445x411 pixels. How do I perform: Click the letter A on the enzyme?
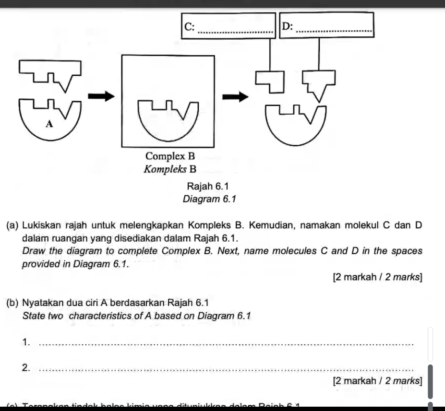click(x=48, y=124)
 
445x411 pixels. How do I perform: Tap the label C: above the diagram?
click(x=189, y=27)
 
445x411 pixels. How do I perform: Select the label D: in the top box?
click(x=287, y=27)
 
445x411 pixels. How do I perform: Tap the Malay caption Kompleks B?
click(x=170, y=169)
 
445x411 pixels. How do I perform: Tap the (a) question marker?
click(x=13, y=226)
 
